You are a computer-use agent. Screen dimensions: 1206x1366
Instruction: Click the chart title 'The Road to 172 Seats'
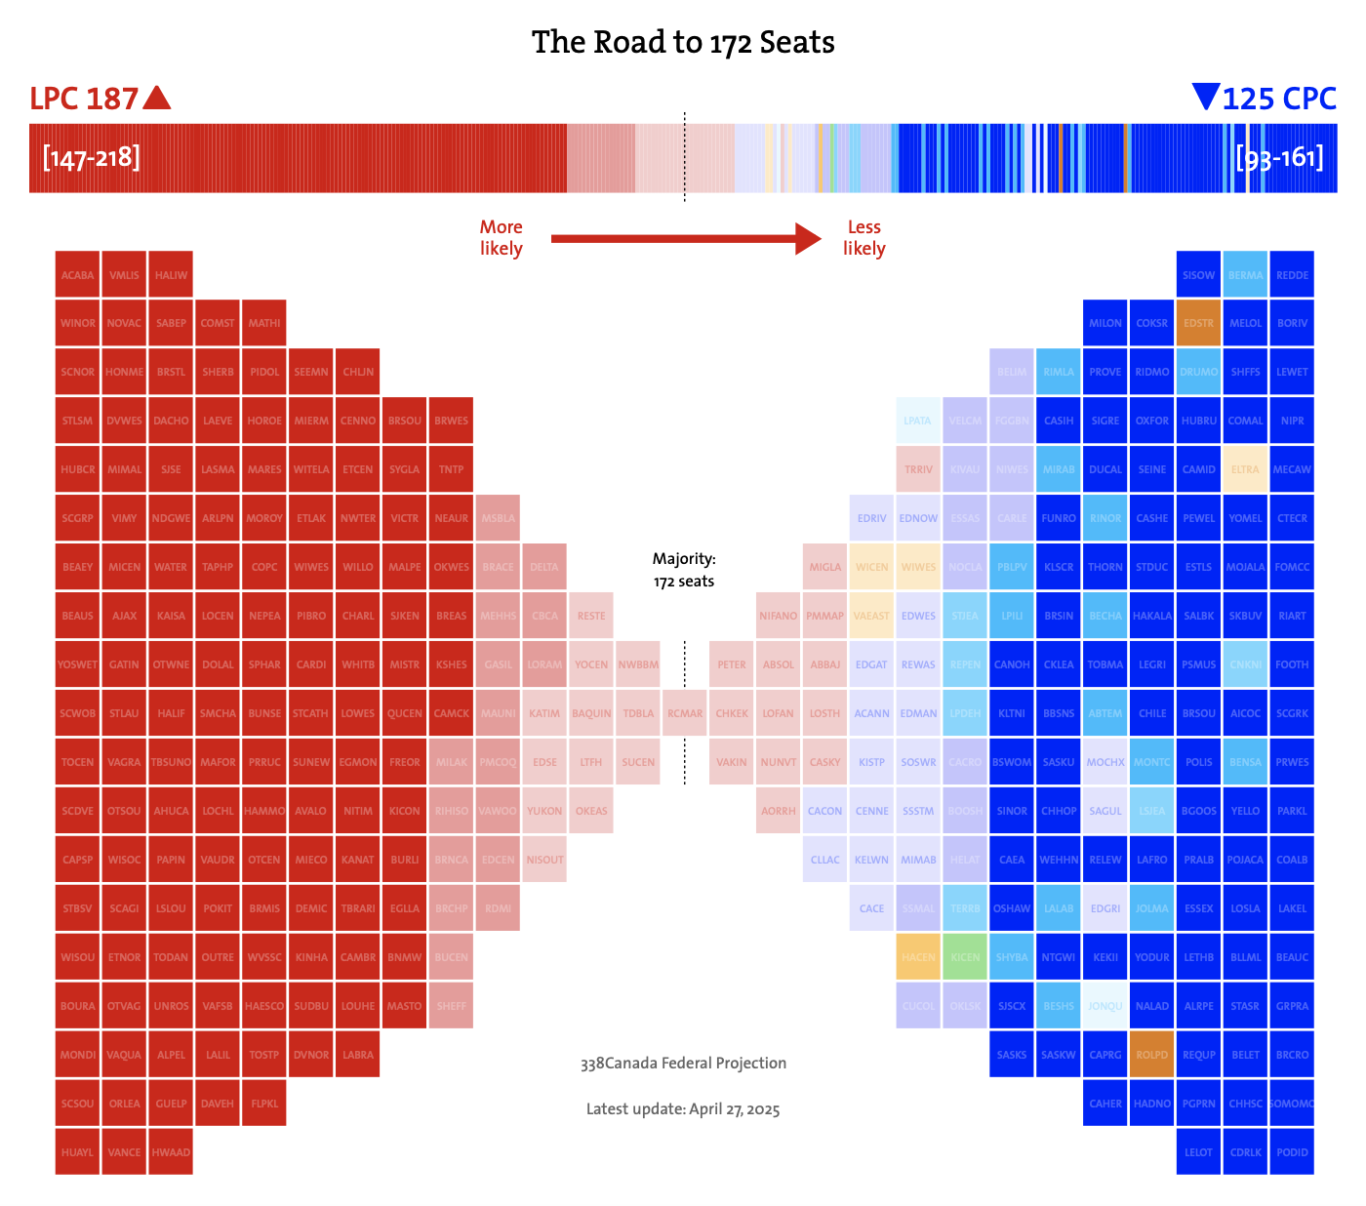coord(683,42)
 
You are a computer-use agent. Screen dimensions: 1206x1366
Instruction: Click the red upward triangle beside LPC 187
coord(156,98)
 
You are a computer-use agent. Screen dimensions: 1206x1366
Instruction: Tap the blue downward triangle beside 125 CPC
coord(1206,97)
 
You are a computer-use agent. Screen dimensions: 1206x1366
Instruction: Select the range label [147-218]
coord(92,157)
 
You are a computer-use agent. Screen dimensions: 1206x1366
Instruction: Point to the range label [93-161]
coord(1279,157)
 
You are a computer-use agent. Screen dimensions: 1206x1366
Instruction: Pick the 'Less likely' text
coord(864,238)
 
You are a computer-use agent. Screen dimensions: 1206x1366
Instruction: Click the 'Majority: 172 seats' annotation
coord(684,570)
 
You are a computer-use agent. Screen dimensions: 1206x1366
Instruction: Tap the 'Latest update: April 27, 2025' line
coord(683,1109)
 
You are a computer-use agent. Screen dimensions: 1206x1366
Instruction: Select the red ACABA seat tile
coord(78,275)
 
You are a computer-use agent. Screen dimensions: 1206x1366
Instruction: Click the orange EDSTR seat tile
coord(1198,324)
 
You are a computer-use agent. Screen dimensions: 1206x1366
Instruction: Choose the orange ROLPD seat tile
coord(1151,1055)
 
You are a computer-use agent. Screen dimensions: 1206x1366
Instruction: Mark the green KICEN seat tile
coord(965,957)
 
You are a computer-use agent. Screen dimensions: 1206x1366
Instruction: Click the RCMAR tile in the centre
coord(685,713)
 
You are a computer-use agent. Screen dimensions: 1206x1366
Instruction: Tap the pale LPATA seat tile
coord(918,421)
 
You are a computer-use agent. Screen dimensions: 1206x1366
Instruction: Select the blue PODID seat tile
coord(1292,1152)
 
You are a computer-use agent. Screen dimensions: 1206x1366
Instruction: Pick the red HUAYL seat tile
coord(78,1152)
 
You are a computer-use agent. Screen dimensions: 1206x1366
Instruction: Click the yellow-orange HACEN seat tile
coord(918,957)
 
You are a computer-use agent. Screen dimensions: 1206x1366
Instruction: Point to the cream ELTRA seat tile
coord(1245,469)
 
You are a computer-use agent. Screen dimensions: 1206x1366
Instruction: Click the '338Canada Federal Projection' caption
coord(683,1064)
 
